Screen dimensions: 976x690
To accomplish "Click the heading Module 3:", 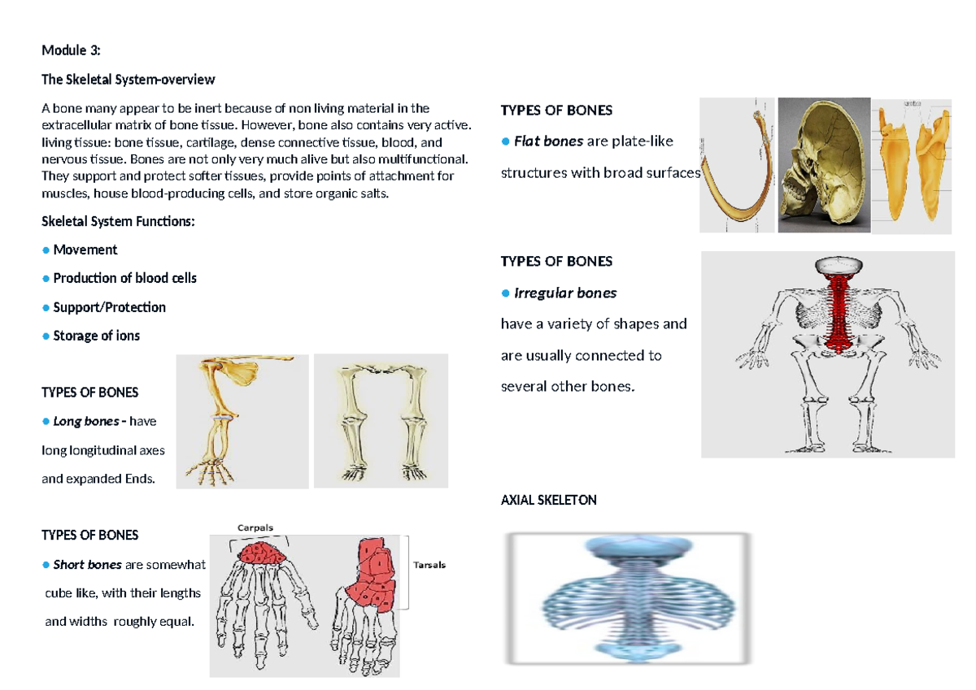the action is (x=71, y=50).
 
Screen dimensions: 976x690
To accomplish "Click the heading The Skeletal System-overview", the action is (x=129, y=80).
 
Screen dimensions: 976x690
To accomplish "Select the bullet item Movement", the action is (x=85, y=250).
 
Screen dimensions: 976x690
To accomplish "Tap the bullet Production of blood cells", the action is (x=124, y=278).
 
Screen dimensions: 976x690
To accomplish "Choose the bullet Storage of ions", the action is (x=96, y=336).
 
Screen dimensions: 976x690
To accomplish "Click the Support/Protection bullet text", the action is (x=109, y=307).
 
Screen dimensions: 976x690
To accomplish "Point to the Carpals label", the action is (x=255, y=527).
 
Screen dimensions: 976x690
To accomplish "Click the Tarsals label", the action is (x=429, y=565).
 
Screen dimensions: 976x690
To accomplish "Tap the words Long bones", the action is (x=85, y=421).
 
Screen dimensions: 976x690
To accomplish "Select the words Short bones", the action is (x=87, y=564).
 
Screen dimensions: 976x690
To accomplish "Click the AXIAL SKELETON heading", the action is (x=548, y=501).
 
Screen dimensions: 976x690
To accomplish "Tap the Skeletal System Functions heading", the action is (x=118, y=222).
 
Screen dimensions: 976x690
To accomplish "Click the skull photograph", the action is (x=823, y=165).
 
